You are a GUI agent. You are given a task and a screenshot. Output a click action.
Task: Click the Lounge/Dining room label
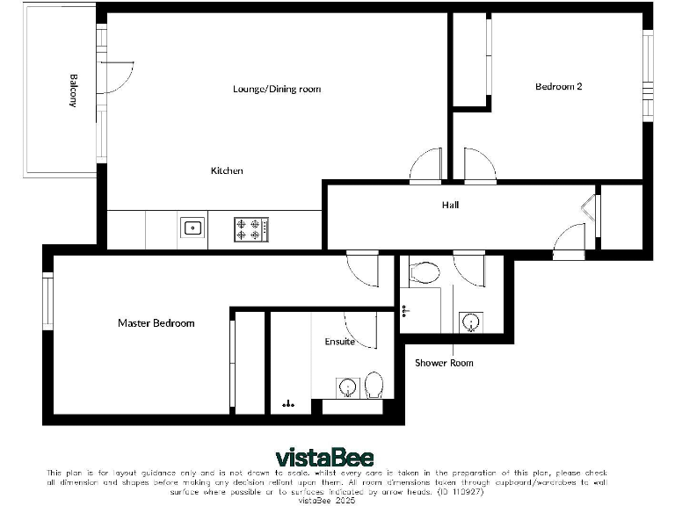(277, 89)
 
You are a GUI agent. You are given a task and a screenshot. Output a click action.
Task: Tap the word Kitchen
(227, 170)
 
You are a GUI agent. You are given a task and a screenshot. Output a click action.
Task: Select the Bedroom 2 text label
(559, 86)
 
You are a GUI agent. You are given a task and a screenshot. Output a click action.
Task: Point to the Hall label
(450, 206)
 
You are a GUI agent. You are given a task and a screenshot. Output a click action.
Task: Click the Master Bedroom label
(156, 323)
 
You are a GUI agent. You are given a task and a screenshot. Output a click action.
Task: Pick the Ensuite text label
(340, 342)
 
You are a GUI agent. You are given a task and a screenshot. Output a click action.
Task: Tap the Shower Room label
(444, 363)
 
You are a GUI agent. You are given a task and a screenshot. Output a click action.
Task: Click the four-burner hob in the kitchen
(251, 229)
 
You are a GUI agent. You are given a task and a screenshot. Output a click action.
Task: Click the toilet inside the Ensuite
(374, 385)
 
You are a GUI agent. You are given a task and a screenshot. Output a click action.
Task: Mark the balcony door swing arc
(119, 76)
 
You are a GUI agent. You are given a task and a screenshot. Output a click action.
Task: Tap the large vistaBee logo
(324, 458)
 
